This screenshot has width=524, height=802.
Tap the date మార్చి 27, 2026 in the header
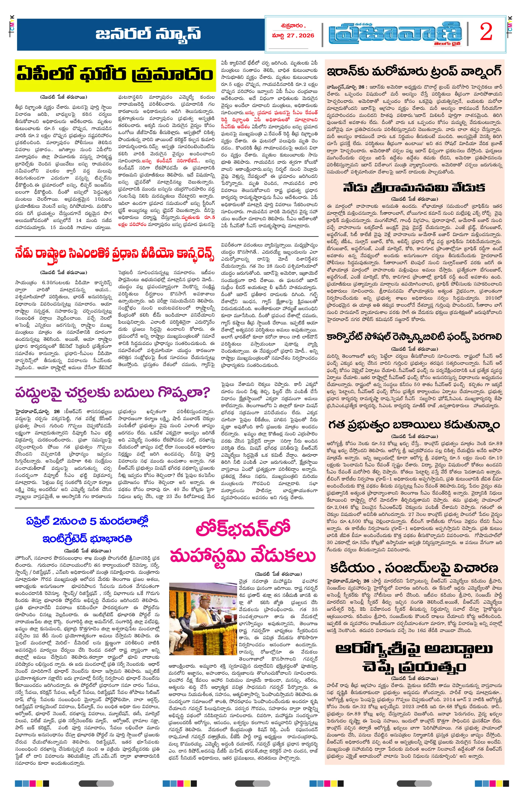click(293, 36)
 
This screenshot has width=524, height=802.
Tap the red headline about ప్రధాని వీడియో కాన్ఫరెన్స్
click(114, 253)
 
